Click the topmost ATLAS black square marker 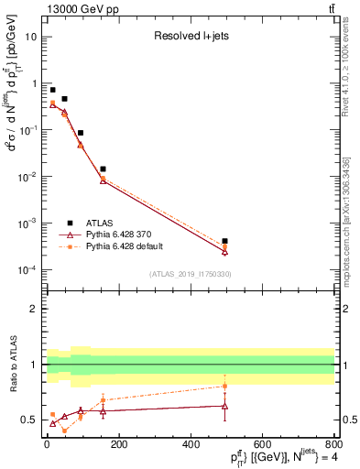53,91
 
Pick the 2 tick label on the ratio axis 35,309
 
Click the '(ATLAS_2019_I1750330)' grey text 189,274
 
